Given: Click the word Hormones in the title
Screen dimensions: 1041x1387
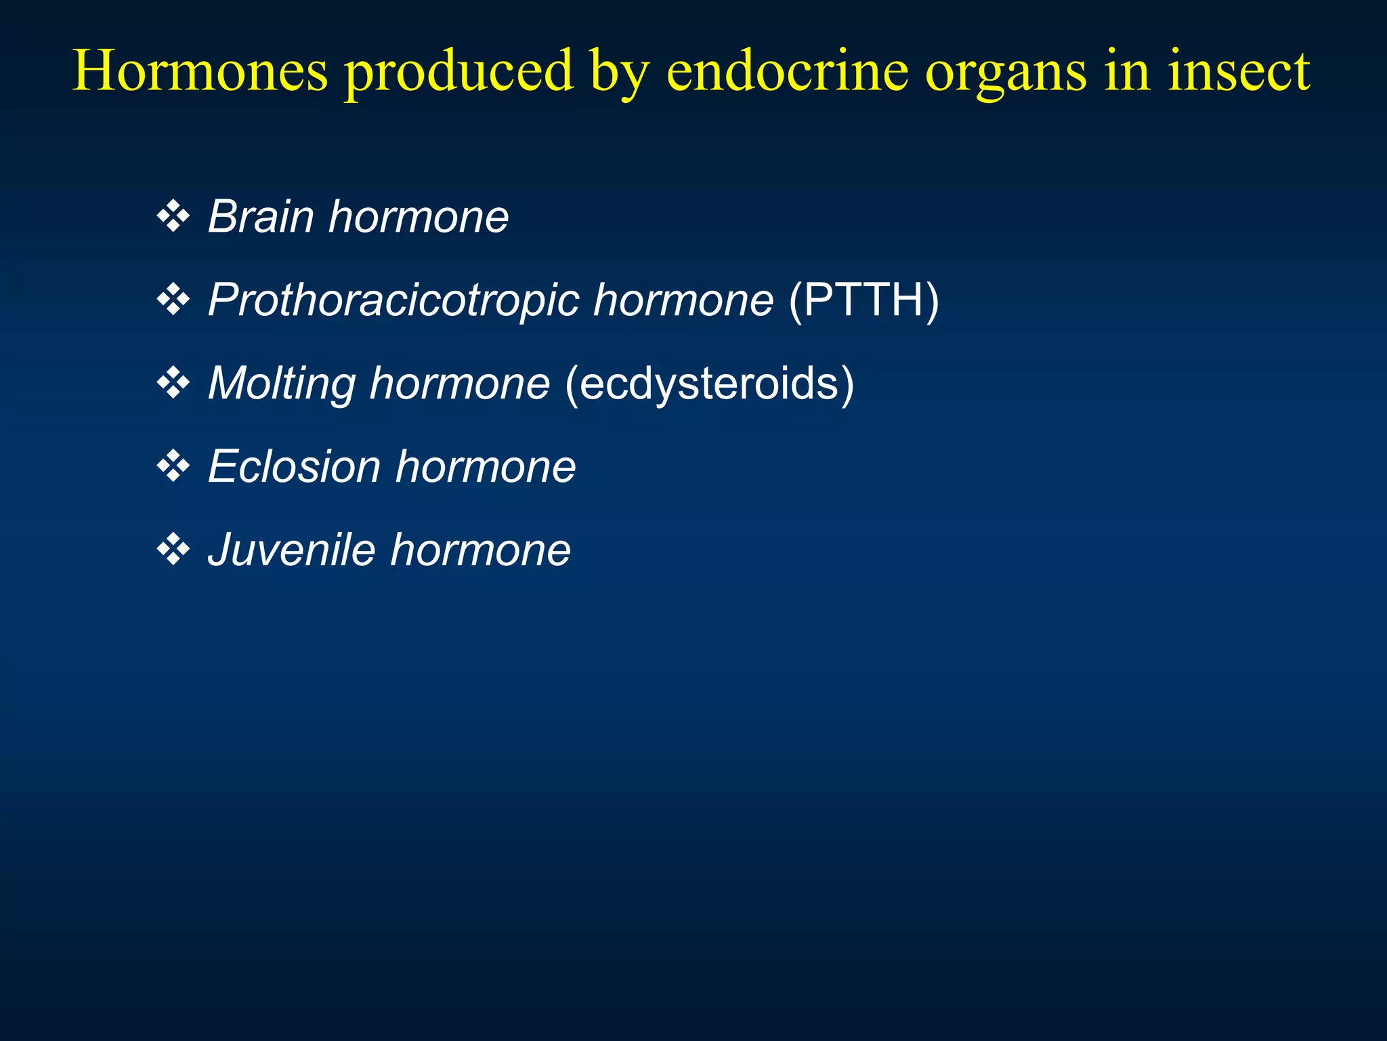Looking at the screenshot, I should pyautogui.click(x=200, y=70).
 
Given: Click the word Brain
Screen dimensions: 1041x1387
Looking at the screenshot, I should pyautogui.click(x=261, y=217).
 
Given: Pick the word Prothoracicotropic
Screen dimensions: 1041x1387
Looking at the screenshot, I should pyautogui.click(x=393, y=300).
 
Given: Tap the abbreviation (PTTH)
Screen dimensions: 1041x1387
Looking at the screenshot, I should pyautogui.click(x=864, y=300).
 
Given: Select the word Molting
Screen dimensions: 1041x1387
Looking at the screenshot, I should pyautogui.click(x=281, y=384).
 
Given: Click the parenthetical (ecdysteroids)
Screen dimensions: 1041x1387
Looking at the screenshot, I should pyautogui.click(x=709, y=384).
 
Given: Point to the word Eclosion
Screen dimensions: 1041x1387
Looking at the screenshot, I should pyautogui.click(x=294, y=467).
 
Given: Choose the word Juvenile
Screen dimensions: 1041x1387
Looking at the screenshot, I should pyautogui.click(x=291, y=550).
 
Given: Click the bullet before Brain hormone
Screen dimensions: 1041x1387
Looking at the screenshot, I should pyautogui.click(x=173, y=217).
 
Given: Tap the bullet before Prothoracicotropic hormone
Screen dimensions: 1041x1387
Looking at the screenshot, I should pyautogui.click(x=173, y=300).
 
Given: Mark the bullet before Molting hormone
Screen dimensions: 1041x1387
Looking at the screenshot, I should pyautogui.click(x=173, y=384).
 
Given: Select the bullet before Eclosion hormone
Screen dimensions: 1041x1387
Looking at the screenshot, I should pyautogui.click(x=173, y=467).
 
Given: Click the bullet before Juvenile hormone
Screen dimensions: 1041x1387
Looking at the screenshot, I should pyautogui.click(x=173, y=550).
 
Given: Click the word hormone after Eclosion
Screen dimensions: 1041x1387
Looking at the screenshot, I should pyautogui.click(x=486, y=467).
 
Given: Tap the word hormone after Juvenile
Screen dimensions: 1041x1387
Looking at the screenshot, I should pyautogui.click(x=481, y=550).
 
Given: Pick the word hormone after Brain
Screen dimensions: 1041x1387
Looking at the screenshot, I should pyautogui.click(x=419, y=217).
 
